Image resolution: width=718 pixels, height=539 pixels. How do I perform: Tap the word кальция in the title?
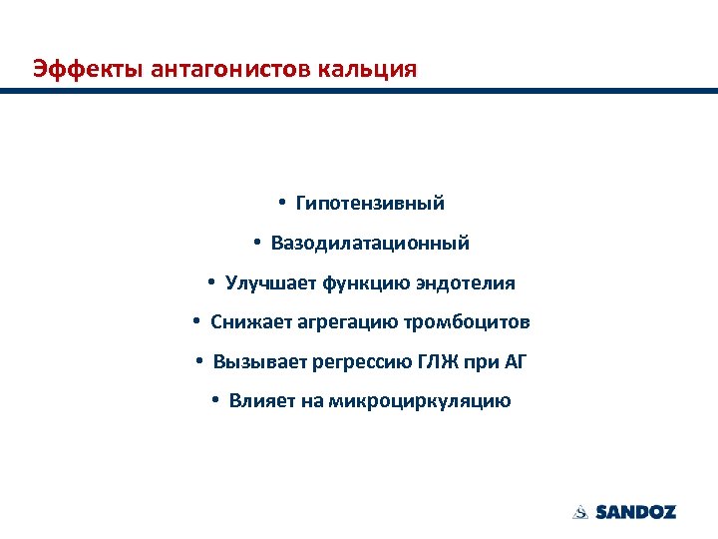370,69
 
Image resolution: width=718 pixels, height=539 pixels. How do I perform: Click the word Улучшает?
271,282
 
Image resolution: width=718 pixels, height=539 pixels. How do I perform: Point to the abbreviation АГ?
513,361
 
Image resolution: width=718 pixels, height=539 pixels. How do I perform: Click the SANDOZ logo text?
635,512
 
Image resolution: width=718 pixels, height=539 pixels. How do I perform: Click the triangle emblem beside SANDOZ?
580,512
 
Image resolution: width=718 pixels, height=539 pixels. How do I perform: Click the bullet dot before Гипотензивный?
283,203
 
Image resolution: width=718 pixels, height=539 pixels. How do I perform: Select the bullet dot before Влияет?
215,401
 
